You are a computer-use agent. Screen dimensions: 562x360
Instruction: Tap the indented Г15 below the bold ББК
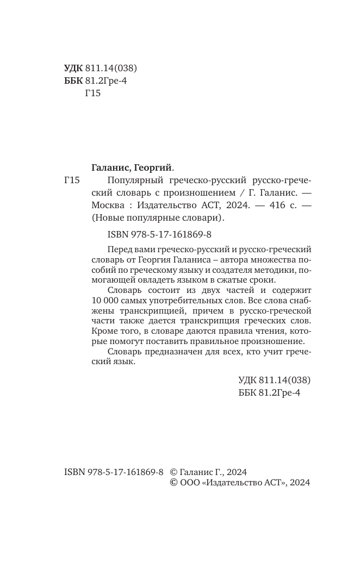(x=94, y=93)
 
